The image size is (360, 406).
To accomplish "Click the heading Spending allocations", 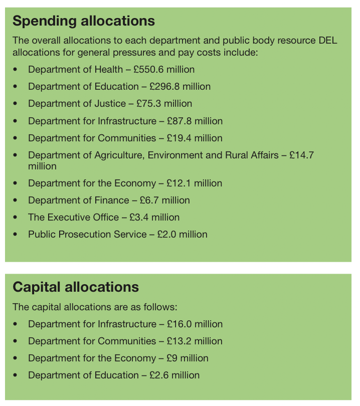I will [84, 21].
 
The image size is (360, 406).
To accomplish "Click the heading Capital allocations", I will [76, 287].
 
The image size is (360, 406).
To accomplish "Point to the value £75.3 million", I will [164, 104].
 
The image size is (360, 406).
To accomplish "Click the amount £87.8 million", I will [195, 121].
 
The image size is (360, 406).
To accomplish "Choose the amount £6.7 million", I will [161, 200].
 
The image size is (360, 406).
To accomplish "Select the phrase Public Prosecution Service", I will [87, 234].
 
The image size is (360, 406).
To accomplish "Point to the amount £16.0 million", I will [195, 324].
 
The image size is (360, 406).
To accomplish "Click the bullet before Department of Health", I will [16, 70].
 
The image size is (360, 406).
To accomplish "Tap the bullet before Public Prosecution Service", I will [16, 234].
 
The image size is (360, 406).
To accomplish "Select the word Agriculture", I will [118, 155].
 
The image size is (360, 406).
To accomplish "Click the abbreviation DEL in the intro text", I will [327, 40].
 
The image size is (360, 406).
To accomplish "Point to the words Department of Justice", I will [77, 104].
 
